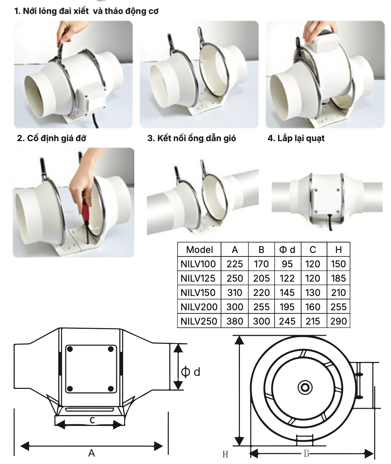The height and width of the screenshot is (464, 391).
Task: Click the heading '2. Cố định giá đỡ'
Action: coord(52,138)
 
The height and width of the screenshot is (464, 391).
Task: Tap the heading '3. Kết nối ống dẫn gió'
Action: coord(192,138)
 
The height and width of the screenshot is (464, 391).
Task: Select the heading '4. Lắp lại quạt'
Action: coord(296,138)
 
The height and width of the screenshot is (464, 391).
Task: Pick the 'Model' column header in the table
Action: coord(199,249)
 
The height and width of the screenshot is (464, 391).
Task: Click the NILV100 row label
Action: coord(198,264)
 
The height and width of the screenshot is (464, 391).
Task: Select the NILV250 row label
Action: coord(199,321)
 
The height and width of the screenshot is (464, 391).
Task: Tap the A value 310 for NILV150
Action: coord(235,293)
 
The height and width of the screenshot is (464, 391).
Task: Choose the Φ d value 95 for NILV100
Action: coord(287,264)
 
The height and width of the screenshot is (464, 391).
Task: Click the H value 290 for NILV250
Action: coord(339,321)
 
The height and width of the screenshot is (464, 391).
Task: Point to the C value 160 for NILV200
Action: coord(313,307)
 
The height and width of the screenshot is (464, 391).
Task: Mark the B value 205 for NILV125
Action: coord(261,278)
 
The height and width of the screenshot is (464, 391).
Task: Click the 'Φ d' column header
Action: coord(287,249)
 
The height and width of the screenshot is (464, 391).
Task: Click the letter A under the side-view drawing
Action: coord(92,453)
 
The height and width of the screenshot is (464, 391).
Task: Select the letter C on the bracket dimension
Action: coord(92,420)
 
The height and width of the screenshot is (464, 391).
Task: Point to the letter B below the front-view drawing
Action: coord(306,454)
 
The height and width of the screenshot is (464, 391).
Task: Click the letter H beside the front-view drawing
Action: coord(225,455)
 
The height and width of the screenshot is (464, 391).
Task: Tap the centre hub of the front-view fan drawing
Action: coord(305,388)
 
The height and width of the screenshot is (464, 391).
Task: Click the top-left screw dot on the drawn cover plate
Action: coord(70,349)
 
